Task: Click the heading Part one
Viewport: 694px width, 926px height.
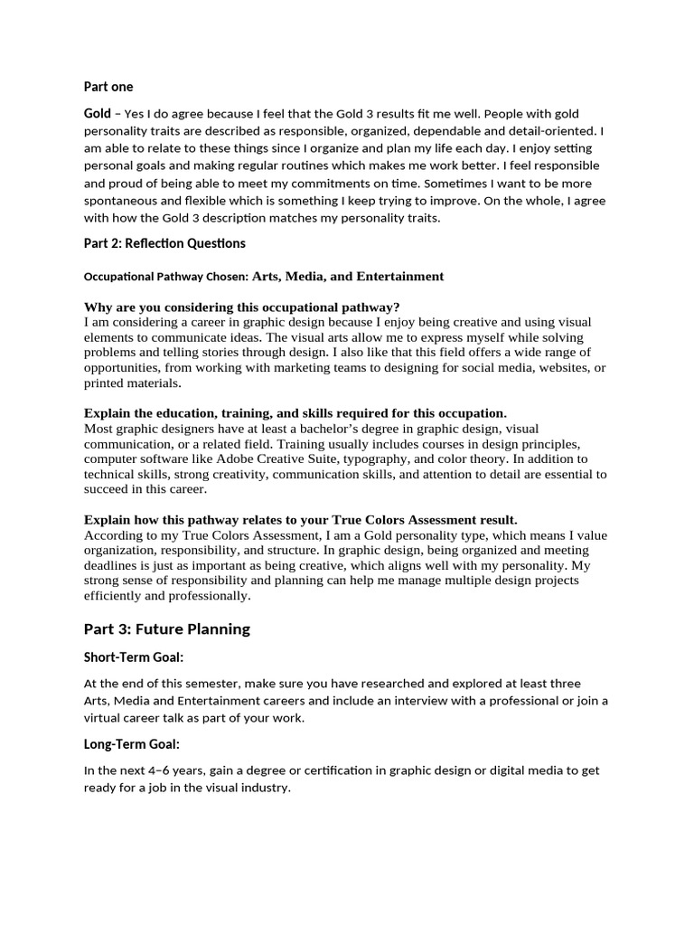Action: [108, 87]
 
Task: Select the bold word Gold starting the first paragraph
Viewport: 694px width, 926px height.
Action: [98, 113]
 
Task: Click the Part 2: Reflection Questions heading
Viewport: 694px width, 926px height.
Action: [164, 243]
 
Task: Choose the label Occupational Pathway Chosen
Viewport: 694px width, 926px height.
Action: [159, 277]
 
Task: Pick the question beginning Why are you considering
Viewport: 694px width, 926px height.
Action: [241, 307]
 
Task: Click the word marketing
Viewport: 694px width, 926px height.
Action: [343, 367]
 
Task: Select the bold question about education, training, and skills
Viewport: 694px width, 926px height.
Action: [295, 413]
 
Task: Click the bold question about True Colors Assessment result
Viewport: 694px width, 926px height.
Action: [301, 520]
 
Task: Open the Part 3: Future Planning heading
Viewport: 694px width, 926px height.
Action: [166, 629]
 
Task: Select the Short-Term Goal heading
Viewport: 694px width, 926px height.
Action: [140, 657]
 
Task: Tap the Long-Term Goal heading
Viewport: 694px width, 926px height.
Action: [132, 744]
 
